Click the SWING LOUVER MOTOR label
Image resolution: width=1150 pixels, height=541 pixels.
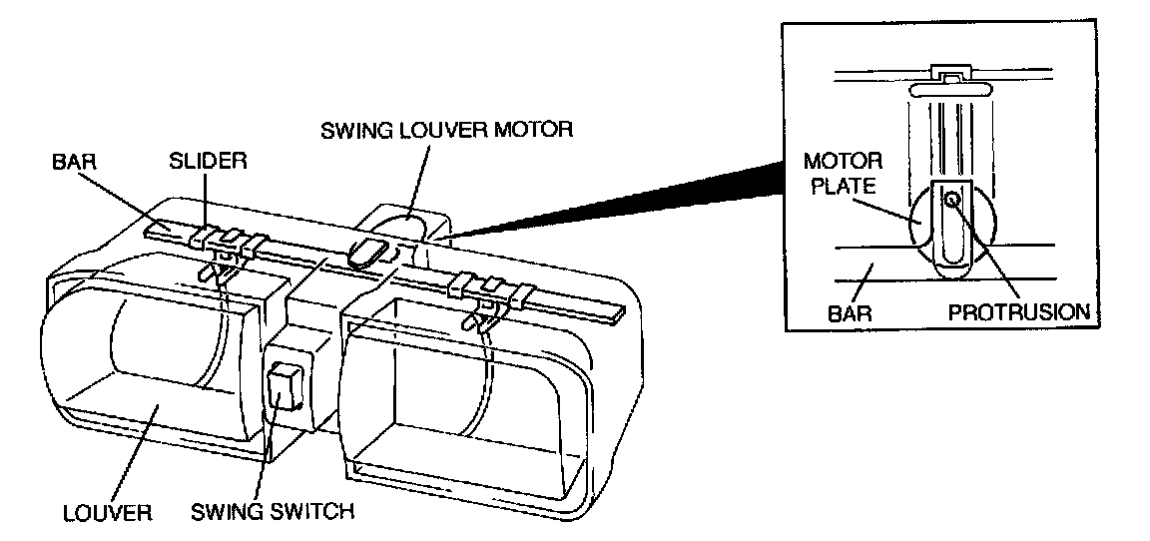pos(446,132)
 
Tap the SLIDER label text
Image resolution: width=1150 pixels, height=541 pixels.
pos(209,162)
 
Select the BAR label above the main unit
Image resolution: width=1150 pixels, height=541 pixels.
pos(76,162)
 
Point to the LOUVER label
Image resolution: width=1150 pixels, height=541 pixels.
pos(107,512)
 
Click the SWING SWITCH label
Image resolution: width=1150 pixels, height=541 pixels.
pos(273,511)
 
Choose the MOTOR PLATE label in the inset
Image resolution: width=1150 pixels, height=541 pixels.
pos(843,173)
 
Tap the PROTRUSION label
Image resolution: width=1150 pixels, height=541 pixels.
pos(1018,312)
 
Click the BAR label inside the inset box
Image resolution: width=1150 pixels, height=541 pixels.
pos(850,313)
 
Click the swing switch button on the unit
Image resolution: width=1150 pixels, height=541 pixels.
pos(286,386)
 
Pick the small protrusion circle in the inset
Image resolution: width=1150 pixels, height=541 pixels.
pos(951,198)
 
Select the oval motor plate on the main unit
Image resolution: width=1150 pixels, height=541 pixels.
pos(365,252)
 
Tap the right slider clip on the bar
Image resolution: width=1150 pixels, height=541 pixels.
pos(487,289)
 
